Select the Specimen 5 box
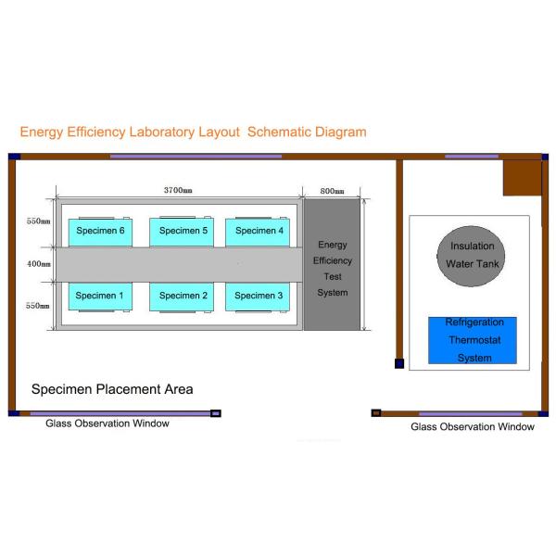pyautogui.click(x=183, y=232)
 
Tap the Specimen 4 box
pyautogui.click(x=259, y=232)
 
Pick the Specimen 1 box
pyautogui.click(x=99, y=296)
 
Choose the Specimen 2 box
pyautogui.click(x=183, y=296)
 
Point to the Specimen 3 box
pyautogui.click(x=259, y=296)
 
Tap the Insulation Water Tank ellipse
pyautogui.click(x=472, y=254)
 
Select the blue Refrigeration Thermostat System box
pyautogui.click(x=472, y=340)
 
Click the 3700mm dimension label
pyautogui.click(x=178, y=190)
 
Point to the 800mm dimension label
pyautogui.click(x=332, y=191)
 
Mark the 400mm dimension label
pyautogui.click(x=38, y=264)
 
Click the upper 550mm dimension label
pyautogui.click(x=38, y=222)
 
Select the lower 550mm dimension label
pyautogui.click(x=38, y=305)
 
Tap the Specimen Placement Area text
pyautogui.click(x=112, y=389)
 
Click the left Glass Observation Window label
pyautogui.click(x=107, y=423)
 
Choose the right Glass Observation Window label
pyautogui.click(x=473, y=427)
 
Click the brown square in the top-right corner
pyautogui.click(x=522, y=177)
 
